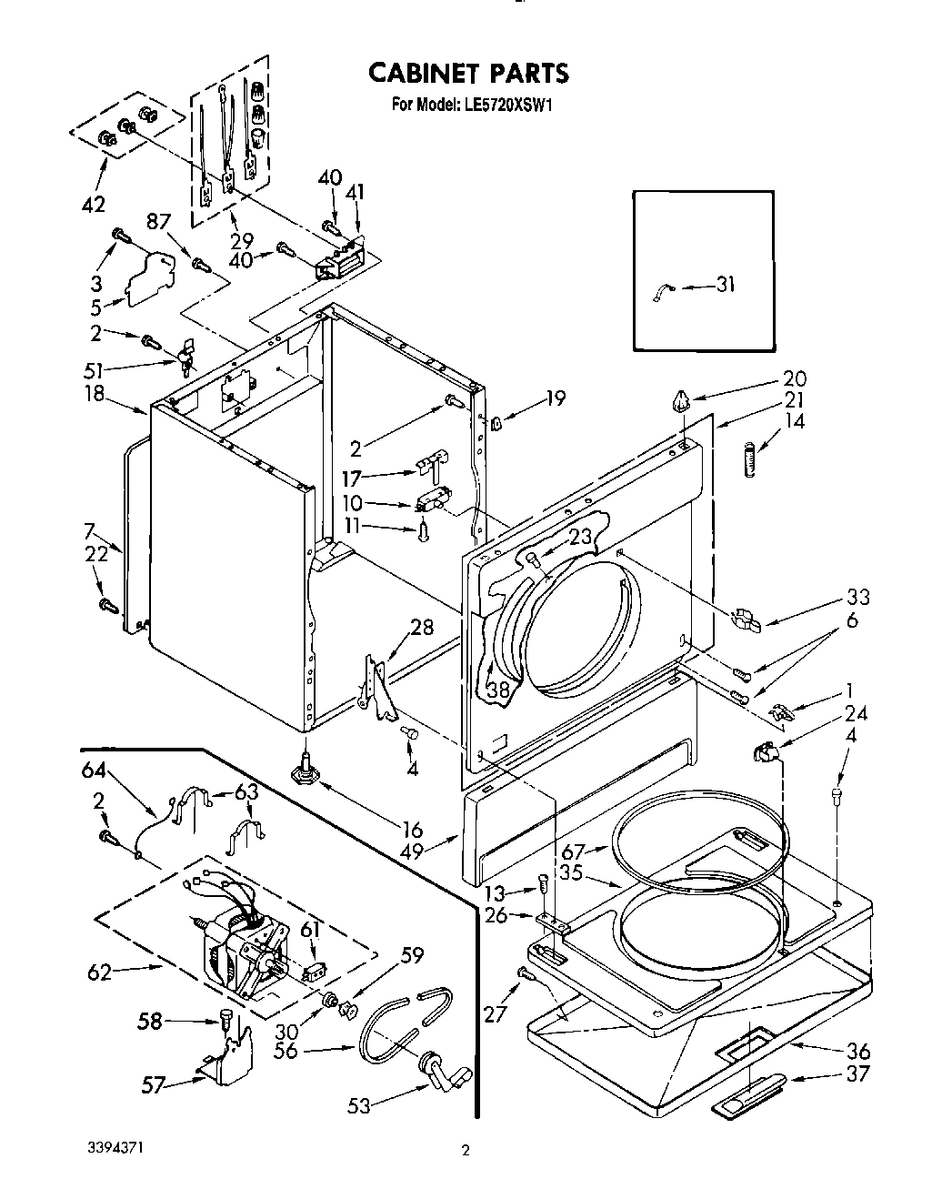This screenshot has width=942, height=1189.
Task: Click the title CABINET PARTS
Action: pyautogui.click(x=467, y=72)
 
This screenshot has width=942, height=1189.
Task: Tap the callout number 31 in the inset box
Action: pyautogui.click(x=724, y=285)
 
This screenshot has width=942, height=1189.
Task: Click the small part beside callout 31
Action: pyautogui.click(x=661, y=292)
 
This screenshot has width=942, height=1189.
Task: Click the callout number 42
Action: pyautogui.click(x=93, y=204)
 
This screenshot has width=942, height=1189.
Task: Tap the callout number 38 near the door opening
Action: pyautogui.click(x=498, y=690)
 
